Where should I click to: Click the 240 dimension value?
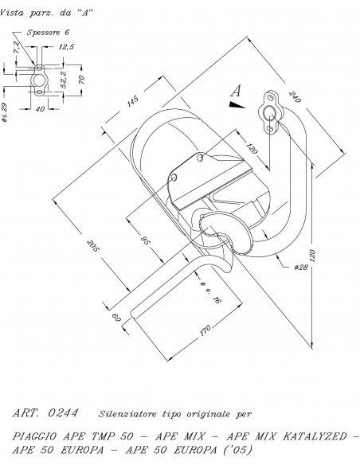tap(295, 96)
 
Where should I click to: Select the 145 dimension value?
tap(132, 100)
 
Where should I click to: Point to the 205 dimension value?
tap(92, 245)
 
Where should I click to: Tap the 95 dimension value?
tap(146, 240)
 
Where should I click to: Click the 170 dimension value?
tap(205, 330)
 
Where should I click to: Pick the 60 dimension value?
tap(116, 318)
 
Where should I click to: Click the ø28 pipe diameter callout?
tap(301, 268)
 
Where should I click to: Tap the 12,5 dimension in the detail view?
tap(66, 47)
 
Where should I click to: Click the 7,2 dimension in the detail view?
tap(17, 47)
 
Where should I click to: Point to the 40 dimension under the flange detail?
tap(40, 109)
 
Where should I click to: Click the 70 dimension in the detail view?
tap(81, 79)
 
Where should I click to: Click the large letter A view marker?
tap(236, 91)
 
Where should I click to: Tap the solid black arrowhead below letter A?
tap(237, 104)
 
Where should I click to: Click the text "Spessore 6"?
tap(48, 33)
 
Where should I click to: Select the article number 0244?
tap(63, 412)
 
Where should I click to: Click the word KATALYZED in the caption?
tap(315, 436)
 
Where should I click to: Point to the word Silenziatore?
tap(127, 414)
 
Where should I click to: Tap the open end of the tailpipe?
tap(134, 314)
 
